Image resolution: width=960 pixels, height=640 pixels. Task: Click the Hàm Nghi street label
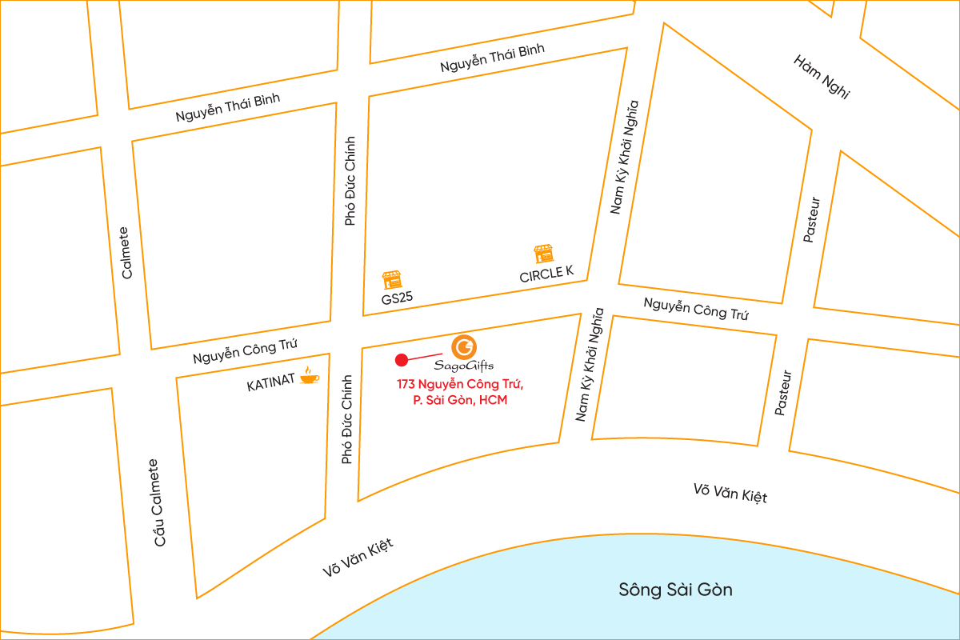click(822, 77)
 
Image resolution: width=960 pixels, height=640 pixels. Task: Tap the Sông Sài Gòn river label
click(675, 590)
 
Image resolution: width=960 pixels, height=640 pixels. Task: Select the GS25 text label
click(397, 298)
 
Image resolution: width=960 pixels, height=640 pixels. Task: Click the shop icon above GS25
click(391, 279)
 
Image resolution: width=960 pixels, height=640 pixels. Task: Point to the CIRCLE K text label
click(546, 274)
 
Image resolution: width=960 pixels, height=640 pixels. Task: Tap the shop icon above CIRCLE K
click(544, 254)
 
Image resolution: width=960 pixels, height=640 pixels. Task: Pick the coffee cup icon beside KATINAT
click(308, 376)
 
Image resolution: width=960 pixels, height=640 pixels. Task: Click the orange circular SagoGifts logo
click(465, 347)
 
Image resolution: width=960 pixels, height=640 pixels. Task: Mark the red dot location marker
click(402, 360)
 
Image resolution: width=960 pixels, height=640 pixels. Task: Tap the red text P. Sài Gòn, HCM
click(460, 401)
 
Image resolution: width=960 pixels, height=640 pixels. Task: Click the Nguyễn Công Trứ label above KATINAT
click(245, 351)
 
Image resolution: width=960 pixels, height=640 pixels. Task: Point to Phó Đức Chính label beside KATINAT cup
click(346, 419)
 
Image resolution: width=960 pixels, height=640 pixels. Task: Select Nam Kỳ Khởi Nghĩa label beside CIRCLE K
click(626, 158)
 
